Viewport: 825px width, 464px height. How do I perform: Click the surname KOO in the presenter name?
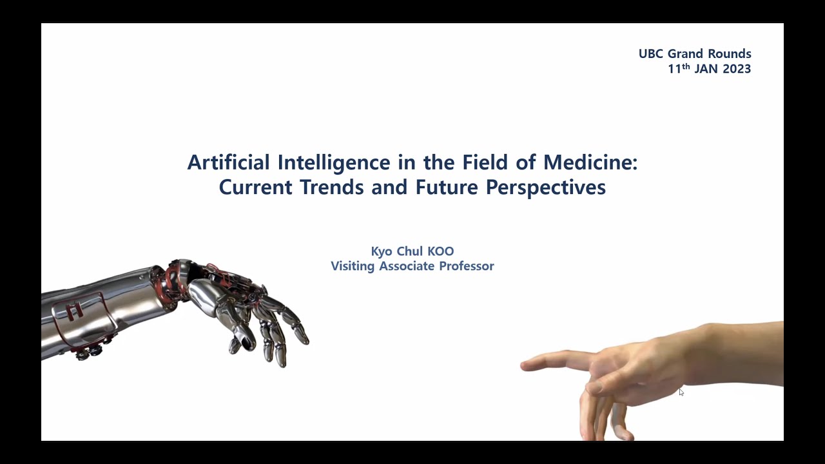point(440,251)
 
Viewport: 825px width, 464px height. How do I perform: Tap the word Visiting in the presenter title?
point(353,266)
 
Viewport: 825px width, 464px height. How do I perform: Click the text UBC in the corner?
point(651,54)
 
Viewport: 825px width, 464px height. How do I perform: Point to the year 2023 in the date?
point(737,69)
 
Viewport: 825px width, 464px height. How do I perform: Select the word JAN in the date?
point(706,69)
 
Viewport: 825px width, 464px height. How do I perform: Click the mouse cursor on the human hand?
point(681,392)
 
